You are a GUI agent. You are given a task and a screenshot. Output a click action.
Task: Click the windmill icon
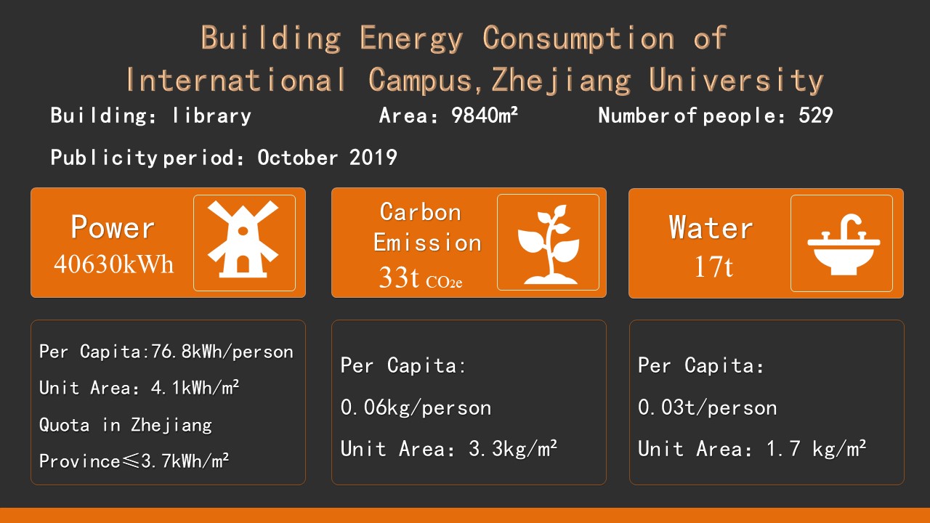(x=243, y=240)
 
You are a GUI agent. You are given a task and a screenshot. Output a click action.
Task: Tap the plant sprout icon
(x=549, y=244)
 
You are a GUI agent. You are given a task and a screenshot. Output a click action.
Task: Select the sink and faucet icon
(x=844, y=245)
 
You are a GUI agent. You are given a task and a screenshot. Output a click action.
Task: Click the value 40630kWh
(x=113, y=264)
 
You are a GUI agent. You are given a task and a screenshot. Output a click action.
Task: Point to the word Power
(x=113, y=227)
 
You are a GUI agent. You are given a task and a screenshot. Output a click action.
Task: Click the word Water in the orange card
(x=711, y=227)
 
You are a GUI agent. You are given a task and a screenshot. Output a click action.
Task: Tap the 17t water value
(x=713, y=266)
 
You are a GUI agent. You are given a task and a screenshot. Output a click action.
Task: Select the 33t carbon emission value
(x=399, y=277)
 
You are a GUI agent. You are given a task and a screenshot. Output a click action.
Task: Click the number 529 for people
(x=815, y=115)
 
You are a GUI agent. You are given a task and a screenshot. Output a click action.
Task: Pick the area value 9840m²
(x=485, y=115)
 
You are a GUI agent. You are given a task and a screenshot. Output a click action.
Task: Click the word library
(x=211, y=115)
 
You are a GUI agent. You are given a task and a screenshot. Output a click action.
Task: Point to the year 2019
(x=373, y=158)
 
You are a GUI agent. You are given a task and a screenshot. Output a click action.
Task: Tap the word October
(x=297, y=158)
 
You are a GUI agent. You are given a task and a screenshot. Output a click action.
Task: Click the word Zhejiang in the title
(x=562, y=80)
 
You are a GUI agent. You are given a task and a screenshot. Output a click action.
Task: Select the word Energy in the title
(x=411, y=38)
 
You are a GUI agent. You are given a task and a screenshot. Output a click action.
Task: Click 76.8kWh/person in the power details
(x=222, y=352)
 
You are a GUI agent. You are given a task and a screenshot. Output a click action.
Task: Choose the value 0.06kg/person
(x=416, y=408)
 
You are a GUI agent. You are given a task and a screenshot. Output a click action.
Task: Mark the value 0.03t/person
(x=708, y=408)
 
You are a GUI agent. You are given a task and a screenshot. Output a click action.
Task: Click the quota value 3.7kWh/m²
(x=185, y=461)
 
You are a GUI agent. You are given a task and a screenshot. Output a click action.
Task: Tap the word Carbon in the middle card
(x=420, y=212)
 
